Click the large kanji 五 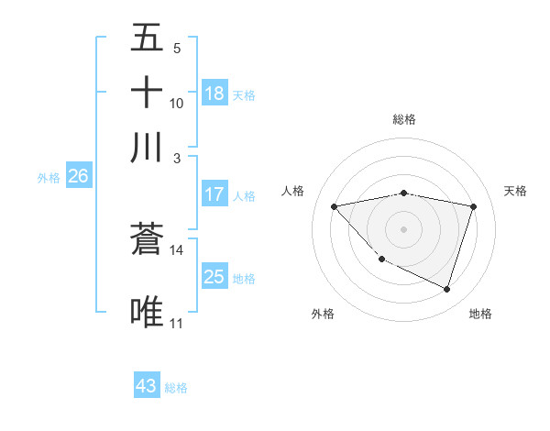pyautogui.click(x=147, y=39)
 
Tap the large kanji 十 pyautogui.click(x=147, y=94)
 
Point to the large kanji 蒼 pyautogui.click(x=147, y=240)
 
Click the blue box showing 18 pyautogui.click(x=214, y=94)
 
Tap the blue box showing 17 pyautogui.click(x=214, y=194)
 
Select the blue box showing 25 pyautogui.click(x=214, y=277)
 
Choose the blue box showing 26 pyautogui.click(x=78, y=176)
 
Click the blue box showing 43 pyautogui.click(x=147, y=386)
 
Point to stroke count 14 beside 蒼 pyautogui.click(x=177, y=249)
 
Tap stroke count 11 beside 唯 pyautogui.click(x=177, y=323)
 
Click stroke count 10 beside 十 pyautogui.click(x=177, y=103)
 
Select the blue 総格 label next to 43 pyautogui.click(x=176, y=388)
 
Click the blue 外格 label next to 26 pyautogui.click(x=49, y=178)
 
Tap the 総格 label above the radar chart pyautogui.click(x=404, y=119)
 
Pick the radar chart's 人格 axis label pyautogui.click(x=293, y=191)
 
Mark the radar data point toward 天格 pyautogui.click(x=474, y=206)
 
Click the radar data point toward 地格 pyautogui.click(x=447, y=290)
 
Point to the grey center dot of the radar pyautogui.click(x=404, y=228)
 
